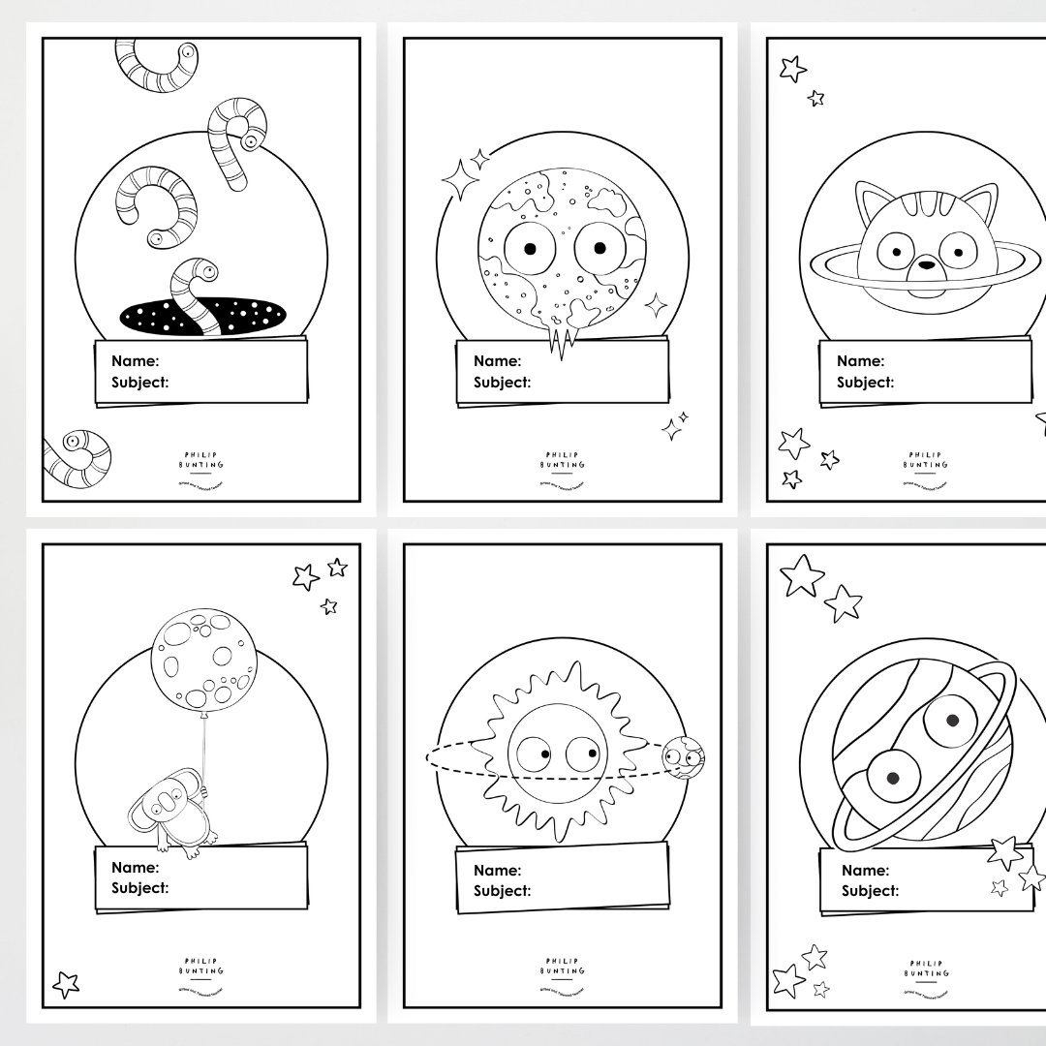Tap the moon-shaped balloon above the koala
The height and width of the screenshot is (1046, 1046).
coord(203,660)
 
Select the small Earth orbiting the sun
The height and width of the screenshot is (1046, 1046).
coord(683,757)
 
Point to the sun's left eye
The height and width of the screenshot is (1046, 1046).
coord(534,753)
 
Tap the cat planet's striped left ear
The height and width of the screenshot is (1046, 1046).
coord(876,206)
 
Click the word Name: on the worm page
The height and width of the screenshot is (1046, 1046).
coord(135,361)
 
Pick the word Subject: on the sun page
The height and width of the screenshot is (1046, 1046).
coord(502,891)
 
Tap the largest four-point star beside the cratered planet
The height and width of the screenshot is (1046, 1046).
coord(460,179)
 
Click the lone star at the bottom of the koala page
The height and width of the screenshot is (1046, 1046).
coord(66,985)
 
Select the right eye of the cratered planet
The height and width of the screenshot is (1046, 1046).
coord(599,249)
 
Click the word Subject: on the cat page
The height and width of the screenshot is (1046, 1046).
coord(865,383)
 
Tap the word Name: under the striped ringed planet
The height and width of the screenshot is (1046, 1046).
coord(865,870)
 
